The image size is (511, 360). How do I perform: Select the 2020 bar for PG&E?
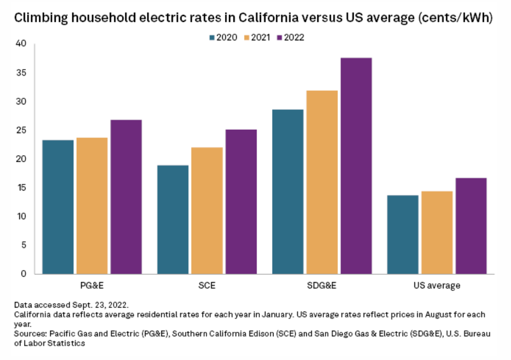(x=58, y=207)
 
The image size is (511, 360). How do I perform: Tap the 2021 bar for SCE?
(x=206, y=210)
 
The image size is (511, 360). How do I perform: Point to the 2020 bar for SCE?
(x=173, y=219)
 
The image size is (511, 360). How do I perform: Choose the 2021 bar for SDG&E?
(x=321, y=182)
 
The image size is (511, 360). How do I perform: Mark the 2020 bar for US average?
(x=402, y=234)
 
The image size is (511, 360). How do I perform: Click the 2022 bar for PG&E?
(x=126, y=197)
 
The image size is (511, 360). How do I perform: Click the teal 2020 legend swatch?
(x=212, y=38)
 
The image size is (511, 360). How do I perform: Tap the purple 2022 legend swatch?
(x=280, y=38)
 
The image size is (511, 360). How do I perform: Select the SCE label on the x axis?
(x=206, y=286)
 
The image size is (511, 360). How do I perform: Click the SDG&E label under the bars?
(x=321, y=286)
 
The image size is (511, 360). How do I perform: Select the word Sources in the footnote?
(x=30, y=335)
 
